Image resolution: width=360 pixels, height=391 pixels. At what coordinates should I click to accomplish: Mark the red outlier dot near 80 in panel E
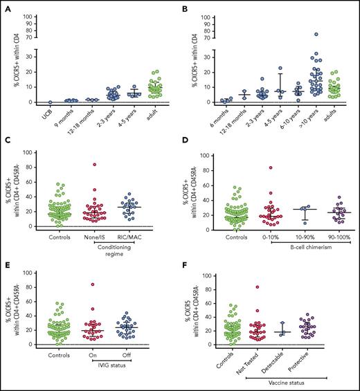(91, 284)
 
